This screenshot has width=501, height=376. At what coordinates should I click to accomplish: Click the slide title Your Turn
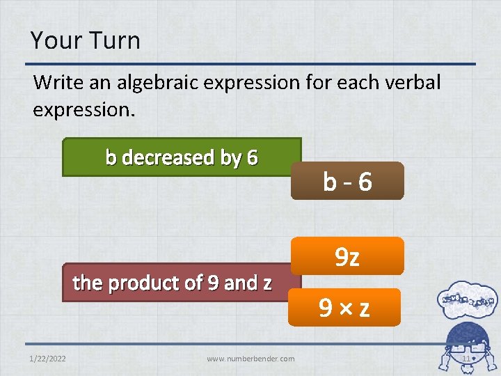coord(85,40)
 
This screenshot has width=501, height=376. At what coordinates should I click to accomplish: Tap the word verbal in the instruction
coord(408,82)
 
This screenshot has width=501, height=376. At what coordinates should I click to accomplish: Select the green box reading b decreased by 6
coord(182,157)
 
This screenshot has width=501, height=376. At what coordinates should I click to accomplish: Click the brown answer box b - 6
coord(347,182)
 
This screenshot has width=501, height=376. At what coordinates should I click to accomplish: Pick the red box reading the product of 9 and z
coord(173,283)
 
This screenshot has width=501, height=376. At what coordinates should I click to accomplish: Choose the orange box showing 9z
coord(347,256)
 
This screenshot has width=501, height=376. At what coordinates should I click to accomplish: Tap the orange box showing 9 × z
coord(344,307)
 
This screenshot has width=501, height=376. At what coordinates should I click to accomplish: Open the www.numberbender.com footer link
coord(250,359)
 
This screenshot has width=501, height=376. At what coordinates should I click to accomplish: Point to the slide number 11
coord(466,359)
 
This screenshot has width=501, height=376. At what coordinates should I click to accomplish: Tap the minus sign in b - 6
coord(347,182)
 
